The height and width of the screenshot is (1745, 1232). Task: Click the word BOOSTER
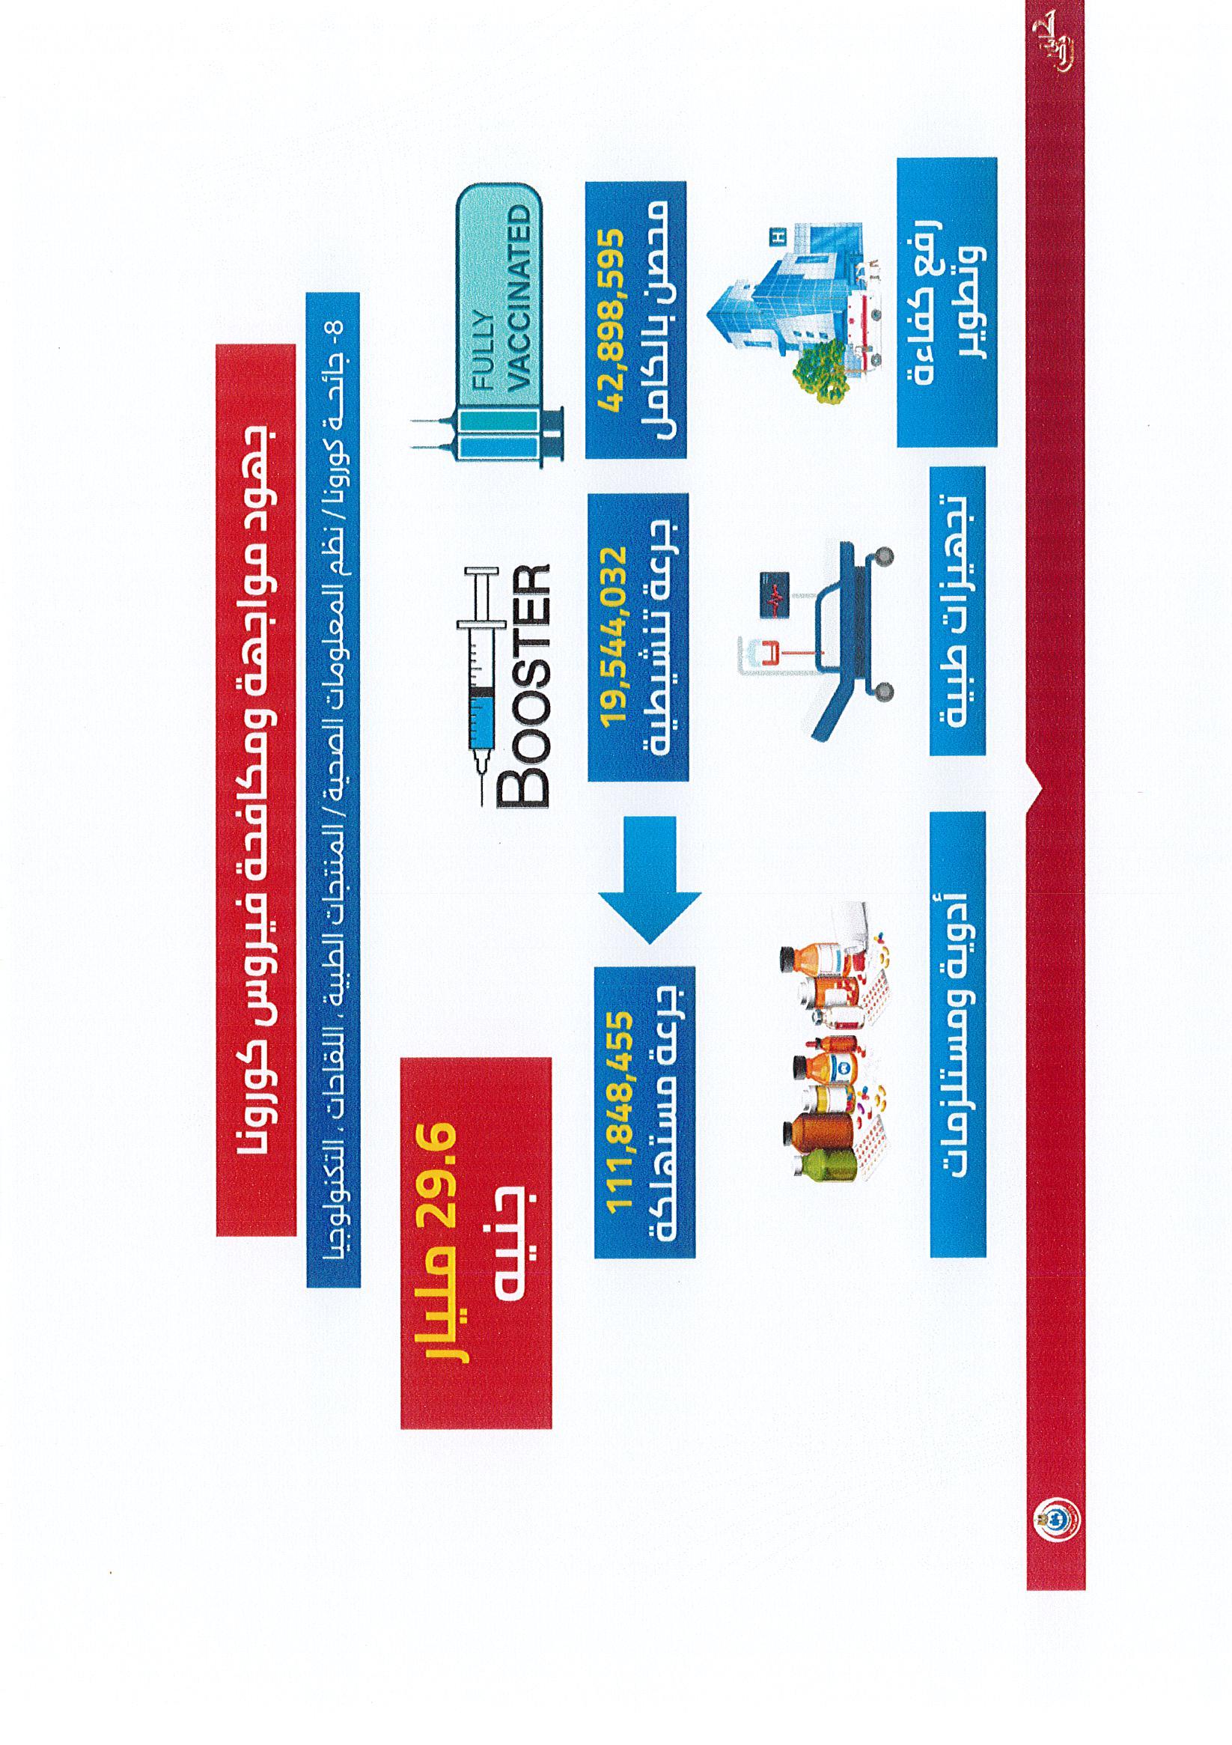coord(522,684)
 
